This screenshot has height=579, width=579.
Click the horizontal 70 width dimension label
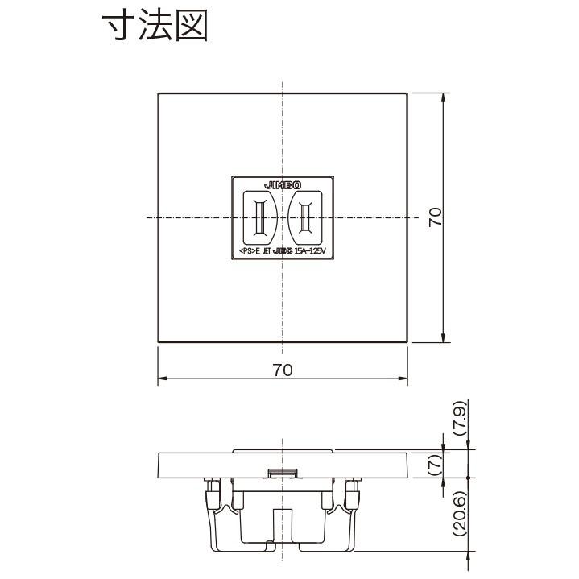[x=282, y=370]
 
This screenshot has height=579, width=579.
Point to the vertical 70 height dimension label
[x=436, y=217]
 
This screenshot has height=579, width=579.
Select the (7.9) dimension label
[x=458, y=419]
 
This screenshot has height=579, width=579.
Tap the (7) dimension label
[x=458, y=464]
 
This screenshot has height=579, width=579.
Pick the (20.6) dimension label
[x=458, y=513]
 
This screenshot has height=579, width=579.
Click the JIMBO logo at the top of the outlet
[x=282, y=184]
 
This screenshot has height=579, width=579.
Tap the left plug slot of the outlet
[x=260, y=217]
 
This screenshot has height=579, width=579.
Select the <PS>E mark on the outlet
[x=248, y=251]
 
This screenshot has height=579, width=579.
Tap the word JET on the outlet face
[x=265, y=251]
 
